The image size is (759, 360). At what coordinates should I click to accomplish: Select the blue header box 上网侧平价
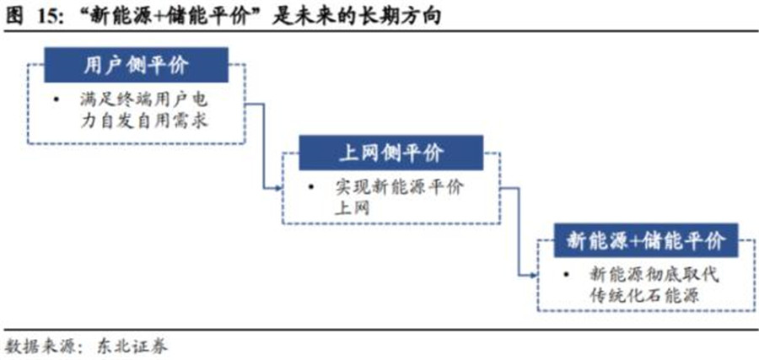390,154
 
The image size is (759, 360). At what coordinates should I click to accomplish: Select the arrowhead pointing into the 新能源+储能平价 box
532,275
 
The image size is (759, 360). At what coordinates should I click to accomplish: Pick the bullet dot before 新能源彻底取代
567,275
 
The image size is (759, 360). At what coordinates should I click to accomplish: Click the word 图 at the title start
13,15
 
